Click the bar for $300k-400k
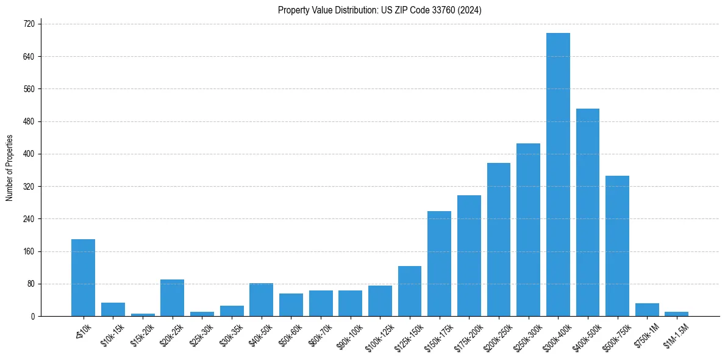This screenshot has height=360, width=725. [558, 175]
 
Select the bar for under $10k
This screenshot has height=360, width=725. [83, 278]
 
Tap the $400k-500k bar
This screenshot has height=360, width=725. [588, 212]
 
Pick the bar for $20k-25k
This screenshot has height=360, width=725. [172, 298]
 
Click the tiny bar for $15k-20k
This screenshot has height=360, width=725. [143, 315]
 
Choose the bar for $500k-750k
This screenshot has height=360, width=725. [617, 246]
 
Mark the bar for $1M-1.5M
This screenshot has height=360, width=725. [676, 314]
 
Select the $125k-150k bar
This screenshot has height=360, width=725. [410, 291]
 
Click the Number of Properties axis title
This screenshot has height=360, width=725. [9, 168]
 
